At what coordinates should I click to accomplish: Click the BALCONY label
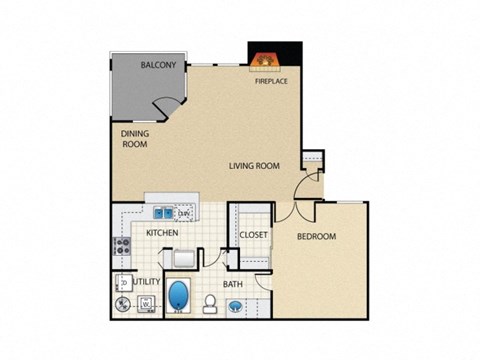pos(159,66)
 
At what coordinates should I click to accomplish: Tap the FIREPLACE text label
pos(271,81)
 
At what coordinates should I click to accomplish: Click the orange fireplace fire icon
pos(265,60)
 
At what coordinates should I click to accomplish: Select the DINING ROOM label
pos(135,138)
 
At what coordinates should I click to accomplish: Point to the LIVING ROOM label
pos(253,166)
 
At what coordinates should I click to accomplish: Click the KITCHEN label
pos(162,233)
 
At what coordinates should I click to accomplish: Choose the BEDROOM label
pos(316,236)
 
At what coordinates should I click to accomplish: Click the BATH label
pos(233,284)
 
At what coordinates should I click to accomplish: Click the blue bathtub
pos(180,297)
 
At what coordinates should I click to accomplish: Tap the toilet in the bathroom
pos(212,304)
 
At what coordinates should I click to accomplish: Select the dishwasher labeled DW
pos(185,213)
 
